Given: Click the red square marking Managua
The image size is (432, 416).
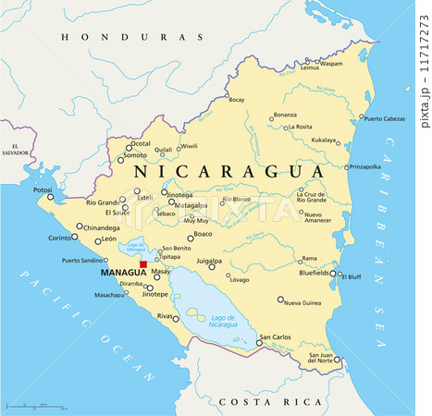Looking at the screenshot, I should point(143,264).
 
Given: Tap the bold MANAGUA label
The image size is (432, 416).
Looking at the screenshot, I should point(122,274).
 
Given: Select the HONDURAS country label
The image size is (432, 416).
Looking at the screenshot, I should point(130,37).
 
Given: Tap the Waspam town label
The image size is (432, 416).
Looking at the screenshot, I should point(331,64).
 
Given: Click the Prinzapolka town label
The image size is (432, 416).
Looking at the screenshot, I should point(364,166).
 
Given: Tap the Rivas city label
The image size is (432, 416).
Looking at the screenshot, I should point(166,317).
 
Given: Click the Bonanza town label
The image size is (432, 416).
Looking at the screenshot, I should point(284,115).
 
